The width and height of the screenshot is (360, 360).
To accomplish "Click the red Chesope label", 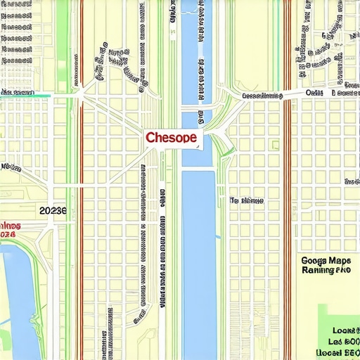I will (171, 138).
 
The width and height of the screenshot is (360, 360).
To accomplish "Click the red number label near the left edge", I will (7, 233).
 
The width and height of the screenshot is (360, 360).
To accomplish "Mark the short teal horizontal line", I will (25, 96).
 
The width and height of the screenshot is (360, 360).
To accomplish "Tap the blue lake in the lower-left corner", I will (18, 302).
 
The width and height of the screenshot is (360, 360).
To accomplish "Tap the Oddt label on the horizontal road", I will (314, 93).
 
